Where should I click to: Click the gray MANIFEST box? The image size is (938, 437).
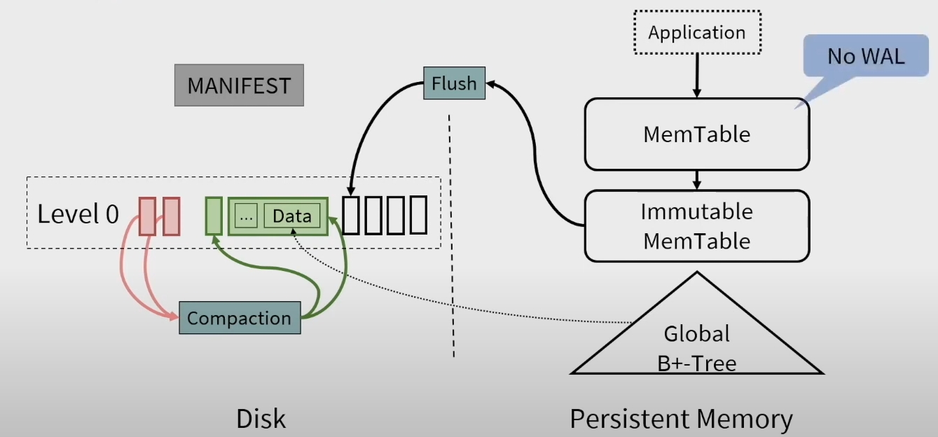pyautogui.click(x=239, y=85)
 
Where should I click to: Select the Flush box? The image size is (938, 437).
pyautogui.click(x=455, y=83)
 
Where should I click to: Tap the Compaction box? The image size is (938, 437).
pyautogui.click(x=240, y=318)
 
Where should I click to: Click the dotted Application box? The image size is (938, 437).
pyautogui.click(x=697, y=32)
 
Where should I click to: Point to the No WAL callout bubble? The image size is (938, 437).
pyautogui.click(x=866, y=56)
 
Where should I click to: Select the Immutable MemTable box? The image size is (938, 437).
pyautogui.click(x=697, y=226)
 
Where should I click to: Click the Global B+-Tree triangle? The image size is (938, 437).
pyautogui.click(x=697, y=335)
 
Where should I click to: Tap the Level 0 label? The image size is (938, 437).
pyautogui.click(x=78, y=214)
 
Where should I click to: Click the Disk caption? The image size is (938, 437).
pyautogui.click(x=261, y=418)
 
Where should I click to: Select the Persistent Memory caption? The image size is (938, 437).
pyautogui.click(x=682, y=419)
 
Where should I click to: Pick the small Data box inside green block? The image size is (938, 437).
pyautogui.click(x=292, y=216)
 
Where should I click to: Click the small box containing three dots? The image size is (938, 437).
pyautogui.click(x=246, y=216)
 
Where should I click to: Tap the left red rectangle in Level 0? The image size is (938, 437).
pyautogui.click(x=147, y=216)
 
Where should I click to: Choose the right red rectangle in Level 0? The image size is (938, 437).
pyautogui.click(x=171, y=216)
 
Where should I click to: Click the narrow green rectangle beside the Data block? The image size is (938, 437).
pyautogui.click(x=214, y=216)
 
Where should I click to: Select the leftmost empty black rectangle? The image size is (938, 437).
pyautogui.click(x=351, y=215)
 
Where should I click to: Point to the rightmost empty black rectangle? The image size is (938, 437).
pyautogui.click(x=418, y=215)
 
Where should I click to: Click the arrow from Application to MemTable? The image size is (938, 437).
pyautogui.click(x=697, y=76)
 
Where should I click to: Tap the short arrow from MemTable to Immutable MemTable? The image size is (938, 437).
pyautogui.click(x=697, y=180)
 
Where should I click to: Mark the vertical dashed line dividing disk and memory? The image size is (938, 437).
pyautogui.click(x=451, y=236)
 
